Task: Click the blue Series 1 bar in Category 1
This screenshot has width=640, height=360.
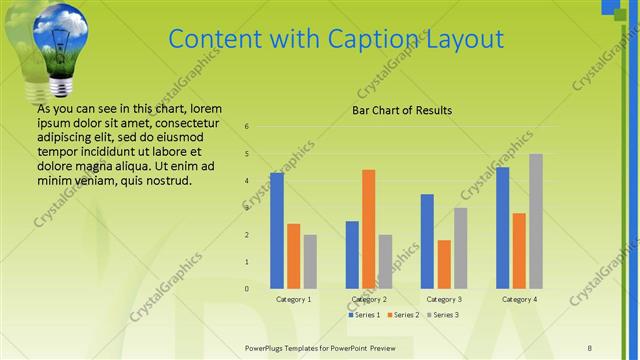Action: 276,231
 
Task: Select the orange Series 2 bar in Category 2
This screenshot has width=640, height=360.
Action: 368,229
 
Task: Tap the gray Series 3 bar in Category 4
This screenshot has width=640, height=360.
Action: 536,221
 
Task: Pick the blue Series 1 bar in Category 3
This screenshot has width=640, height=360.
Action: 427,241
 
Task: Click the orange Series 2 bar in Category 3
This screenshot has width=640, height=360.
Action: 444,264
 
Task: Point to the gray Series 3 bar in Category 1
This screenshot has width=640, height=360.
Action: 310,262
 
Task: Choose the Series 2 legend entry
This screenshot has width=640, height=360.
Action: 402,315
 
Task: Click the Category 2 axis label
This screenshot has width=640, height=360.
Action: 369,299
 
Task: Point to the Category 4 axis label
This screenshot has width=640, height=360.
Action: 519,299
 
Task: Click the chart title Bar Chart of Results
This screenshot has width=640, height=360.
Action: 402,110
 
